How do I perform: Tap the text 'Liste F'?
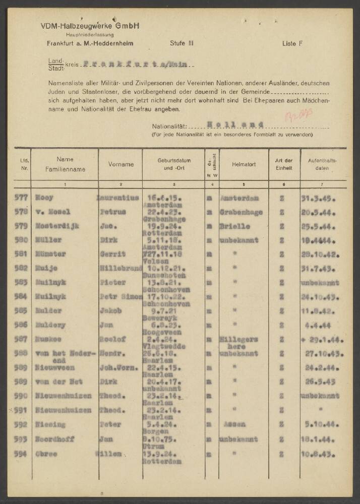click(292, 44)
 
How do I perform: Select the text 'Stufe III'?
click(182, 44)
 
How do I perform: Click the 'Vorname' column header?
click(121, 164)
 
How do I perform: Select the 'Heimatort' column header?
click(244, 164)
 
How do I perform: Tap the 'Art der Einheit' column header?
click(284, 164)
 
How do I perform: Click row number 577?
click(23, 198)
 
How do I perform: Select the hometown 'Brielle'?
click(235, 226)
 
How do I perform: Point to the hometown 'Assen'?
click(234, 425)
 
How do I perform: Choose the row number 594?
click(23, 454)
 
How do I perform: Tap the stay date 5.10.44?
click(321, 425)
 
